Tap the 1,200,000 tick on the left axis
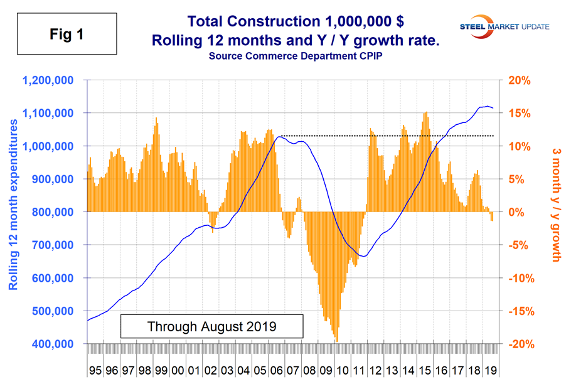50,80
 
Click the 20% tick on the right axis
520,80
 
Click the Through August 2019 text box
212,326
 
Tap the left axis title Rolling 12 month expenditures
14,212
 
